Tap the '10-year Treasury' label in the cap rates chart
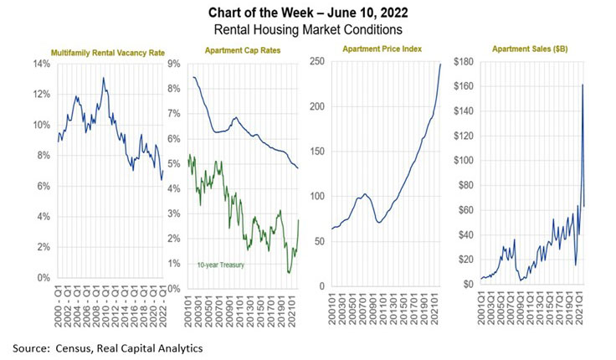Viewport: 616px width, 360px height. click(243, 266)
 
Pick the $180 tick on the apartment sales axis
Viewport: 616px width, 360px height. click(464, 62)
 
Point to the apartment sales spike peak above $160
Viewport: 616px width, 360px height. click(583, 85)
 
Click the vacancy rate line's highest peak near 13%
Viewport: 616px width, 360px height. click(103, 78)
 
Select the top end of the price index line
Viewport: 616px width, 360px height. click(441, 64)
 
